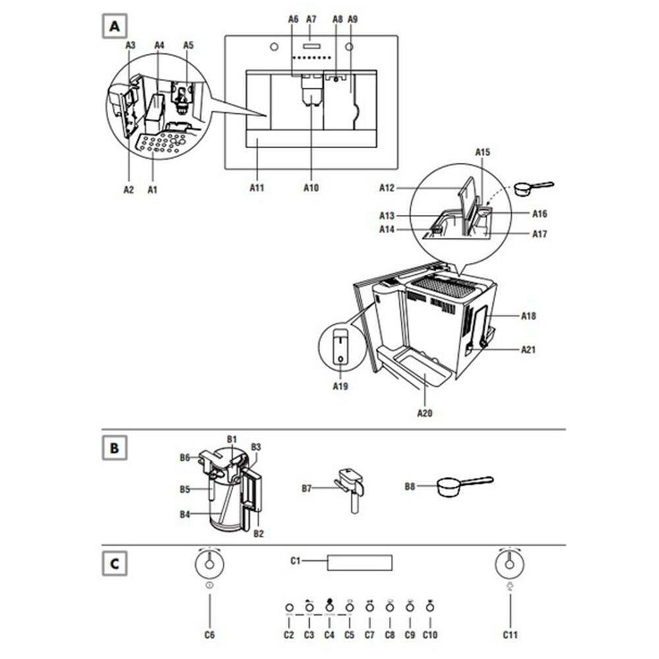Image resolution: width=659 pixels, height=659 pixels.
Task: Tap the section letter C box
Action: [x=115, y=564]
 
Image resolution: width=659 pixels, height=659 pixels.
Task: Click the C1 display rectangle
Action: [x=360, y=563]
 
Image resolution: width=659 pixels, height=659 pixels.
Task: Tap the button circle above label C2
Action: [x=288, y=607]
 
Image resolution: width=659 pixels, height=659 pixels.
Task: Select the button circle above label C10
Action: [x=430, y=607]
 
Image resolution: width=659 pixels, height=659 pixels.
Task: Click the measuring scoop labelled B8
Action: [x=461, y=486]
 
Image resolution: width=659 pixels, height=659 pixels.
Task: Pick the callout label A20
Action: [x=425, y=414]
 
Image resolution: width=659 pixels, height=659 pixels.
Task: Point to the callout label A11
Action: [x=257, y=188]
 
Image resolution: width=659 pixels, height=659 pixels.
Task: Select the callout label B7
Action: [x=307, y=488]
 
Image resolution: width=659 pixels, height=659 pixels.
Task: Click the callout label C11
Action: [x=510, y=635]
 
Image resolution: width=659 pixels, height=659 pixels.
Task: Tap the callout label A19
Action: [x=340, y=386]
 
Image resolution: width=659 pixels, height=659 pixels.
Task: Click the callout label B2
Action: [x=258, y=534]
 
